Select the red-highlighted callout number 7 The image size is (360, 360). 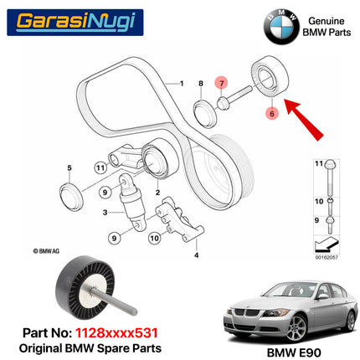221,83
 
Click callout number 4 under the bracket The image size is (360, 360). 196,255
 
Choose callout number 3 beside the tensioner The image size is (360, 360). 105,213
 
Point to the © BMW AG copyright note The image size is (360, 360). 50,249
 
